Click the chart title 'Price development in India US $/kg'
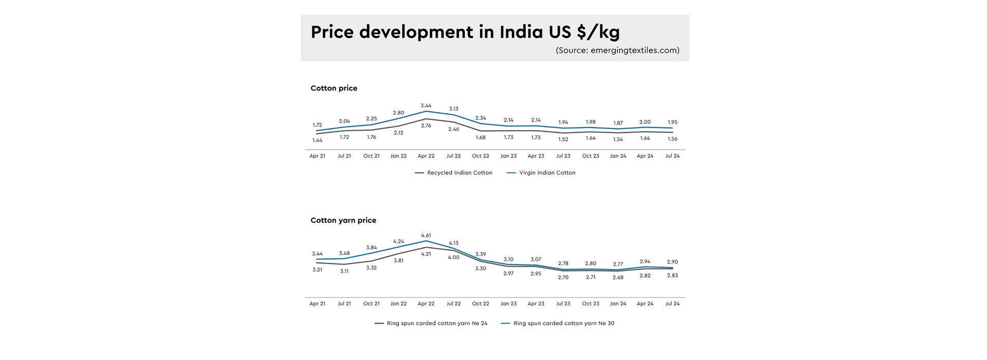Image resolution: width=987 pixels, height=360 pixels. coord(465,32)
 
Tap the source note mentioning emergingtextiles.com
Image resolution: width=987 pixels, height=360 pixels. coord(617,50)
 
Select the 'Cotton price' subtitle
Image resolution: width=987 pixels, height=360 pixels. coord(334,88)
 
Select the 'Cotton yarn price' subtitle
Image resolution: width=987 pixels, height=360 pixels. coord(343,221)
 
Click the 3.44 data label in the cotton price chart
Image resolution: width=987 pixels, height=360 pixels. coord(426,105)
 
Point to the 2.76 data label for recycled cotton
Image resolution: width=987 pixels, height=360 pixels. coord(426,125)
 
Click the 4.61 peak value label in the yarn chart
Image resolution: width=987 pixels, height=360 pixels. coord(426,236)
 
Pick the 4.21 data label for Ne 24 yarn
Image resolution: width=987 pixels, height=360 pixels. coord(426,254)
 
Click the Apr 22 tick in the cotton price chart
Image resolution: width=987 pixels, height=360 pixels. coord(426,156)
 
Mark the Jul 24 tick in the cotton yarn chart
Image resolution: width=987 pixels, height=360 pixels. coord(672,304)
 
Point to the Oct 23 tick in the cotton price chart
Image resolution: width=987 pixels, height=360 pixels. coord(590,156)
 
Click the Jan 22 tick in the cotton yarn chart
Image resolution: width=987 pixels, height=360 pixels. coord(398,304)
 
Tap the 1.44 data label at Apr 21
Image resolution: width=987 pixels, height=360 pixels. coord(317,140)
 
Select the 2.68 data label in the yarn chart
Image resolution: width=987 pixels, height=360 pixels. coord(618,278)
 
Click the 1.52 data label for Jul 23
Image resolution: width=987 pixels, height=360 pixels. coord(563,139)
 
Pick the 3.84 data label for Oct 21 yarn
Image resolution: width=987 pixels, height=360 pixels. coord(371,248)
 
